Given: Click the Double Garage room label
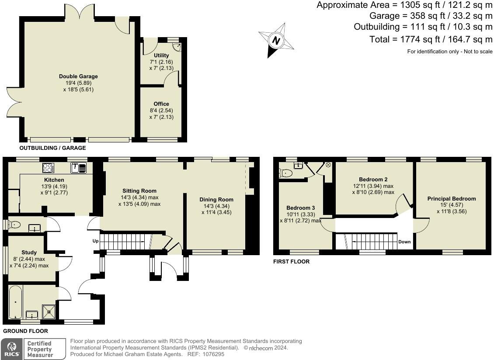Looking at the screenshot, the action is click(x=78, y=76).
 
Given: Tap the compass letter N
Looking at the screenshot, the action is click(x=276, y=41).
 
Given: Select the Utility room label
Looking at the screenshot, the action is click(x=161, y=55).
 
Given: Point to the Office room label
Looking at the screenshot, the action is click(x=161, y=104).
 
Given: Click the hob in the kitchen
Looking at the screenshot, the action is click(x=48, y=168).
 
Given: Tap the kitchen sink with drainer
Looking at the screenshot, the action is click(x=78, y=168).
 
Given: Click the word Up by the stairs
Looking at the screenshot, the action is click(x=95, y=241).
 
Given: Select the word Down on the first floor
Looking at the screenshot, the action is click(x=404, y=242).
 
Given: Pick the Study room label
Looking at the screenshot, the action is click(x=29, y=252).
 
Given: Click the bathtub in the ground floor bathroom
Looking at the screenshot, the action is click(x=15, y=302).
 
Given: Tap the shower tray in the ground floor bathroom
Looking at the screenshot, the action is click(x=49, y=312).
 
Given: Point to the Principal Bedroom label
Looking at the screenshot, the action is click(x=452, y=199).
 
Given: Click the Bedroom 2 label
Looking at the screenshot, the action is click(x=373, y=180).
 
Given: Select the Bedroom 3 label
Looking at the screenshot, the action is click(x=301, y=208).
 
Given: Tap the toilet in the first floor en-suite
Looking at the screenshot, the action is click(x=286, y=173).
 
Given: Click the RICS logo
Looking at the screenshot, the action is click(x=12, y=349).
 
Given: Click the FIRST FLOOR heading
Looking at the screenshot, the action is click(x=292, y=261).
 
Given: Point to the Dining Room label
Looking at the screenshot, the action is click(x=216, y=199).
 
